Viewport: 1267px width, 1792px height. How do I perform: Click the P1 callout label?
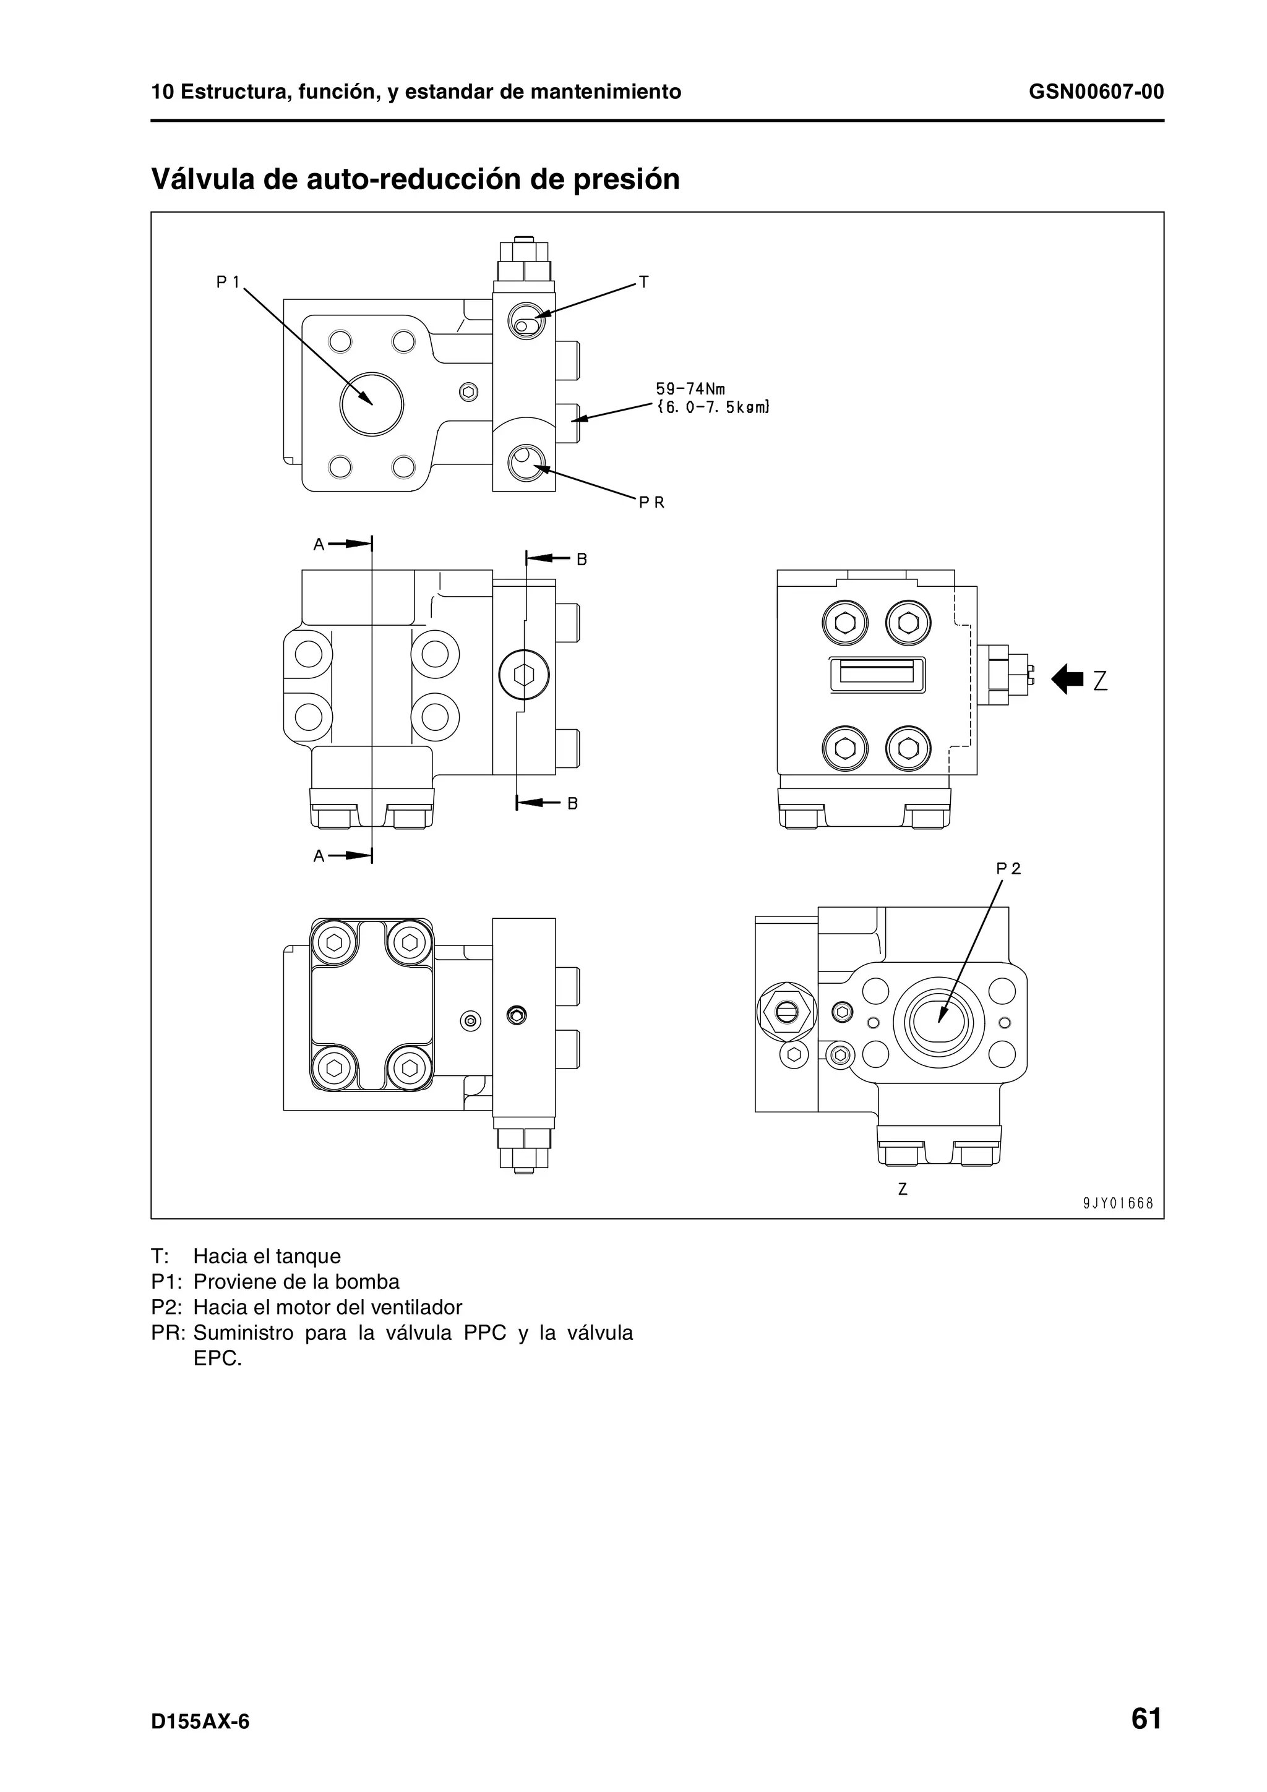coord(227,283)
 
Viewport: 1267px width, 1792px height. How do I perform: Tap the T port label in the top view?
coord(643,282)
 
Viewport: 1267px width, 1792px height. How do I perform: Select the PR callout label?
coord(651,503)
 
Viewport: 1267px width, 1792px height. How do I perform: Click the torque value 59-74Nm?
coord(689,389)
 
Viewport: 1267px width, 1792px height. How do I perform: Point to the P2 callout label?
coord(1008,868)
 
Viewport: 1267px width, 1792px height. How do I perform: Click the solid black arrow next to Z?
coord(1067,679)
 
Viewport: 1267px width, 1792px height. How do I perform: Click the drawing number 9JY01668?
coord(1118,1203)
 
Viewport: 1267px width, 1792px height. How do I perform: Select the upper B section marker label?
coord(582,560)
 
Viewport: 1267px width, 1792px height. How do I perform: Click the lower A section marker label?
coord(319,856)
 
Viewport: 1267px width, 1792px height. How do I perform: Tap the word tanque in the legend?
coord(307,1256)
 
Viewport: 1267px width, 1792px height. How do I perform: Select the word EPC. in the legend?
coord(218,1358)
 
